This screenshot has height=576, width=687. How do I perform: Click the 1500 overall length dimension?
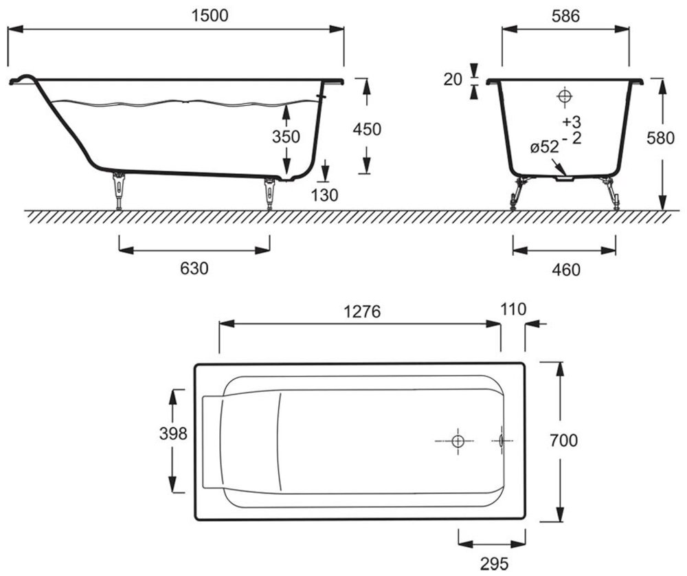(x=210, y=15)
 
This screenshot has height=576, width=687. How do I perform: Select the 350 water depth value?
(x=286, y=137)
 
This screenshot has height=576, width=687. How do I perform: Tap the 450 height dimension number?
(x=367, y=129)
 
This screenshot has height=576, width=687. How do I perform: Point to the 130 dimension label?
(x=325, y=195)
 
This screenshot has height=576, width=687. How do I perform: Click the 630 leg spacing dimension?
(x=194, y=268)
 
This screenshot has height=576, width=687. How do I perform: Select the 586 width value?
(x=565, y=16)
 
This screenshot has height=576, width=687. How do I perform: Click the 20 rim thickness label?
(x=453, y=80)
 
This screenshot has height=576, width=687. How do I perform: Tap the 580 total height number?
(x=661, y=138)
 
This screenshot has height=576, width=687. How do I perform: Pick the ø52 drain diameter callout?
(x=545, y=147)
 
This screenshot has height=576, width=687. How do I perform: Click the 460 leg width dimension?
(x=566, y=270)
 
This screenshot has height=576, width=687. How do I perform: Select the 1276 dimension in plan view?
(x=362, y=311)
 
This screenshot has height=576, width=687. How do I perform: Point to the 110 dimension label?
(x=513, y=309)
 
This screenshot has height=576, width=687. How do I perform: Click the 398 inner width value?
(x=173, y=434)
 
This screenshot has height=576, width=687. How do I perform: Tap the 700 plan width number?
(x=564, y=440)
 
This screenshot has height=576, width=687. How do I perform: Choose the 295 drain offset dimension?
(x=494, y=564)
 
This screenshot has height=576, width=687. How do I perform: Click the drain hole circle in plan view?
(x=458, y=441)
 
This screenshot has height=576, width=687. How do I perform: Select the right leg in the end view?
(x=611, y=193)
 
